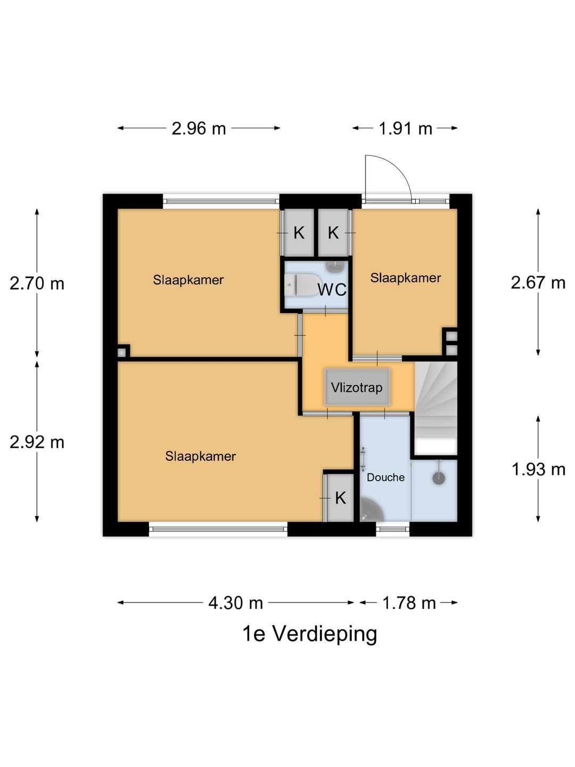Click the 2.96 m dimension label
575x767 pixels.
point(199,128)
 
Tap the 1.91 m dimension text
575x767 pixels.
point(405,128)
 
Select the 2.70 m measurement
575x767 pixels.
point(37,283)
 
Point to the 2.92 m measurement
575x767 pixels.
point(37,442)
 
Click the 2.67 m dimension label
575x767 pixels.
point(538,282)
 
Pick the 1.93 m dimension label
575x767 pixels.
point(538,469)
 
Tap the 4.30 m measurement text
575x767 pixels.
point(235,603)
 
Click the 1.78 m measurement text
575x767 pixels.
point(409,603)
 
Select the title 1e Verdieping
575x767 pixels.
point(309,634)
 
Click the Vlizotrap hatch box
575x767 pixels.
point(357,387)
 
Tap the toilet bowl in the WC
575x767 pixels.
point(301,285)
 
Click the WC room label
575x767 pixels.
point(332,290)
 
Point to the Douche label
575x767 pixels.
point(385,477)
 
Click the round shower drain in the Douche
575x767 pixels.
point(438,478)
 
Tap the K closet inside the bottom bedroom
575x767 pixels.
point(340,498)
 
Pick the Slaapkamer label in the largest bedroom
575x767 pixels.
point(200,456)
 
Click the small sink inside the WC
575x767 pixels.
point(336,264)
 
